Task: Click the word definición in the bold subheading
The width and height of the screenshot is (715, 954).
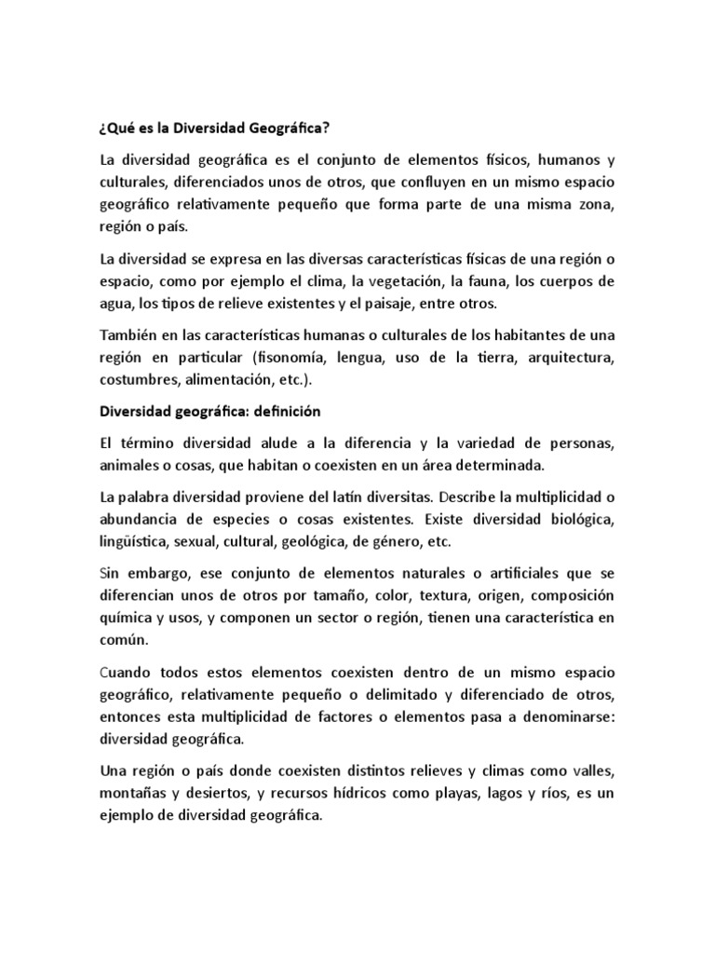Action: point(276,411)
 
